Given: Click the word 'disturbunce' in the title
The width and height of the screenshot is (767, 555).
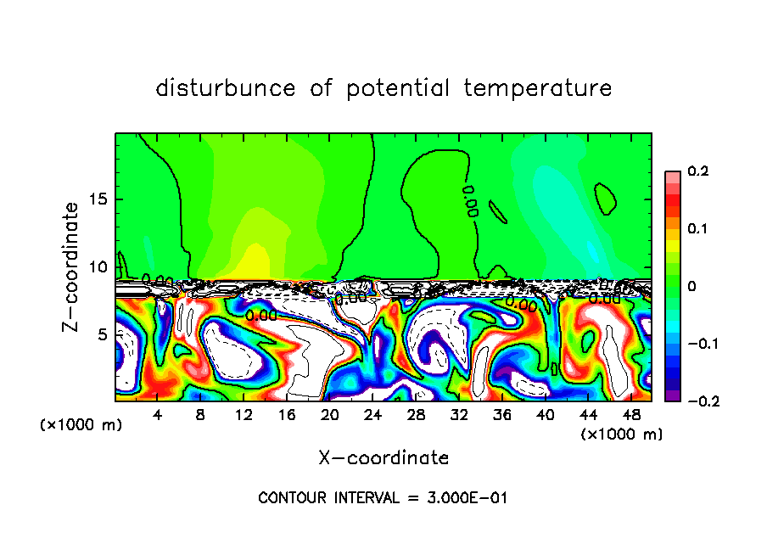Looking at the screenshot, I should coord(226,88).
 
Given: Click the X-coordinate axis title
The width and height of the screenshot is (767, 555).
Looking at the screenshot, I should coord(383,458).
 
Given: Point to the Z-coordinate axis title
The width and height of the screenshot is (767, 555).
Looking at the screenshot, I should coord(71,266).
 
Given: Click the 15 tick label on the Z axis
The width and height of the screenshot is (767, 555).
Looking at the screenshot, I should coord(98,199).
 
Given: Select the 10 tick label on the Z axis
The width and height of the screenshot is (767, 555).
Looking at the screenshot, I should coord(98,267).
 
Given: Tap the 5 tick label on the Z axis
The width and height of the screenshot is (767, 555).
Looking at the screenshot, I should coord(102,335).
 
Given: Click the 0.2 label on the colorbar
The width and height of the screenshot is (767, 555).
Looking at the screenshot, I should coord(697,171).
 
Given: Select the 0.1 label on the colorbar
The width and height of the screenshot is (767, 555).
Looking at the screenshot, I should coord(697,229).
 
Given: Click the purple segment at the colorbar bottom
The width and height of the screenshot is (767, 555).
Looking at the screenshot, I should coord(672,395).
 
